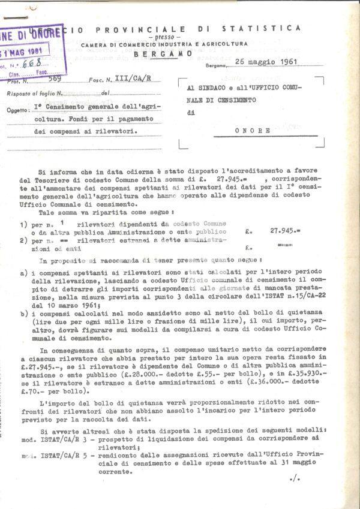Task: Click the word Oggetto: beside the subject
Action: (20, 111)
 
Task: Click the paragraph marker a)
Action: (22, 273)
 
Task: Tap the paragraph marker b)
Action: (22, 314)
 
